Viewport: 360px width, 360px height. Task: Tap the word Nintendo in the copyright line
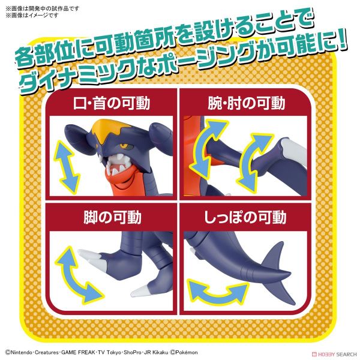[24, 352]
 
